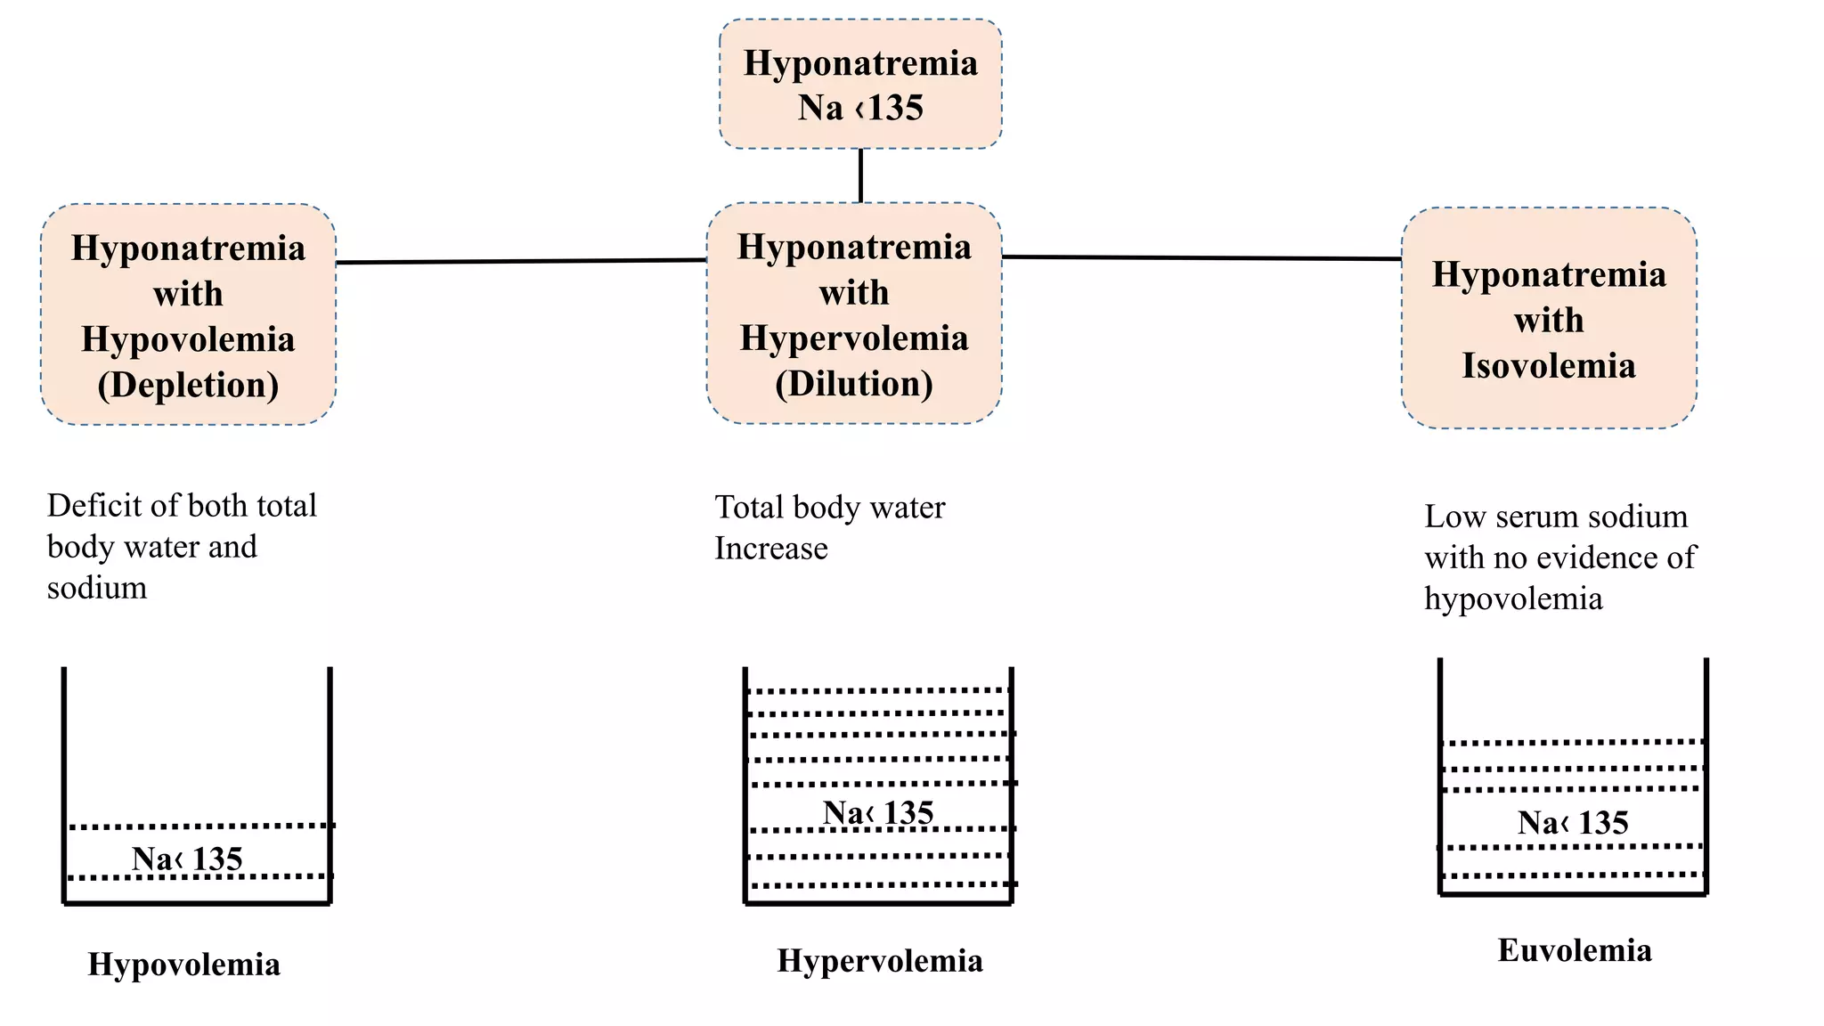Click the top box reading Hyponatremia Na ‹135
pyautogui.click(x=860, y=85)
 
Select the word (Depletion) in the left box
pyautogui.click(x=188, y=386)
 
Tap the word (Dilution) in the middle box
pyautogui.click(x=854, y=384)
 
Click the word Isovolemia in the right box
pyautogui.click(x=1548, y=366)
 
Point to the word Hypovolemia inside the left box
pyautogui.click(x=188, y=339)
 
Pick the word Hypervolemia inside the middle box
pyautogui.click(x=854, y=338)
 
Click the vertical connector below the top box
pyautogui.click(x=860, y=175)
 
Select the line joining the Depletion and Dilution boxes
pyautogui.click(x=521, y=261)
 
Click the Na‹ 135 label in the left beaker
pyautogui.click(x=187, y=859)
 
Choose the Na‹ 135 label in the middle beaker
pyautogui.click(x=878, y=812)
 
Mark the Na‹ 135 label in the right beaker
pyautogui.click(x=1573, y=822)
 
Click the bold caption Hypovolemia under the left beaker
pyautogui.click(x=184, y=965)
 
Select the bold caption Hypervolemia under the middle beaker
pyautogui.click(x=880, y=961)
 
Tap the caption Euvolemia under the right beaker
pyautogui.click(x=1575, y=950)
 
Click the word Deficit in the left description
pyautogui.click(x=83, y=506)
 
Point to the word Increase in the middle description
pyautogui.click(x=771, y=549)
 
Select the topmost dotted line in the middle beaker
pyautogui.click(x=878, y=690)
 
